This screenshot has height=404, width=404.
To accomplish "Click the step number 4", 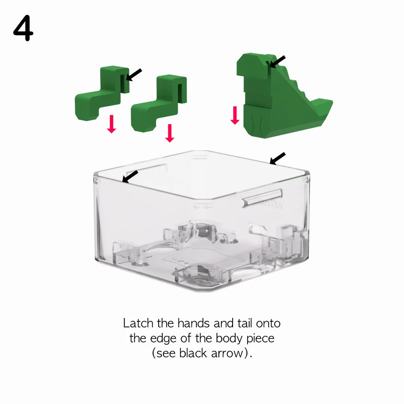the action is click(x=23, y=28).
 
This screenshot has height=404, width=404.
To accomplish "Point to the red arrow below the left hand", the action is click(x=111, y=124).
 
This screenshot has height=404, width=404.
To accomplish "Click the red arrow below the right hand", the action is click(x=169, y=133).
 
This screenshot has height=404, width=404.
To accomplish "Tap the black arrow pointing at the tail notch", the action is click(x=277, y=62).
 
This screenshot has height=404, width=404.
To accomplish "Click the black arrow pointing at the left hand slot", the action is click(x=134, y=75).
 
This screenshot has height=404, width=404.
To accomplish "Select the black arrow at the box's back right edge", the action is click(x=278, y=158).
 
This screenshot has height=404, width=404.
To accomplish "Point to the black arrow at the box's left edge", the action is click(x=130, y=177).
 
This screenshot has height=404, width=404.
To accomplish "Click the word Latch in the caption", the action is click(x=138, y=323).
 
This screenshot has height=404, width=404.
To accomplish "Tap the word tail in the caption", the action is click(x=245, y=323).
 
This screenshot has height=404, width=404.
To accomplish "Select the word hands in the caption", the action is click(x=193, y=323).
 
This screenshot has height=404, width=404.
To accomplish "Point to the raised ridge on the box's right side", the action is click(x=262, y=197).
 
